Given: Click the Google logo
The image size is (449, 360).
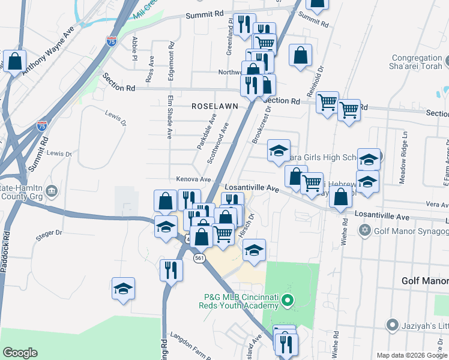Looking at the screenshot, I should [x=20, y=353].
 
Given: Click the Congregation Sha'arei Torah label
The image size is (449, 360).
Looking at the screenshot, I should [x=416, y=62].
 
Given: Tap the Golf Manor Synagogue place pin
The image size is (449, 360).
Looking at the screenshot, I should [x=364, y=230].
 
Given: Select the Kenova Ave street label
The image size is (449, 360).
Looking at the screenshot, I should [x=193, y=179].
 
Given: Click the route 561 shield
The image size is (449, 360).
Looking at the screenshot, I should [x=200, y=257].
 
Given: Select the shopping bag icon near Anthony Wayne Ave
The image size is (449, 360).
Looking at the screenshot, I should [x=14, y=61].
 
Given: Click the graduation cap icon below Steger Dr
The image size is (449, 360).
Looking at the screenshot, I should [x=123, y=289].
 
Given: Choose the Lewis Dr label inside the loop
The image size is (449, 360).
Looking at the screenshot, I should [x=116, y=119].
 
